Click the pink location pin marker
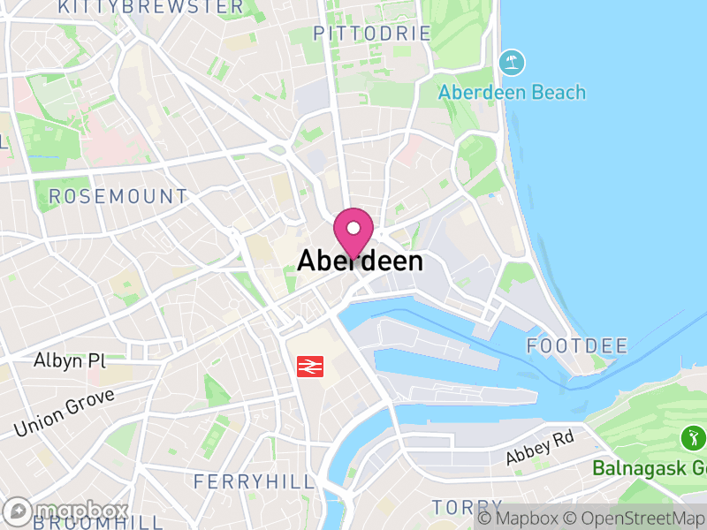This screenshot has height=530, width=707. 353,232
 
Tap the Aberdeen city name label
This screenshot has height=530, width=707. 360,261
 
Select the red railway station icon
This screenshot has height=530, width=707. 309,366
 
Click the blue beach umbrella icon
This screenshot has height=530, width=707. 511,63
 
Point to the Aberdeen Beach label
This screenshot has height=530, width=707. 512,92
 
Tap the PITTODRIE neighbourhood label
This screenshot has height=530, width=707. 372,34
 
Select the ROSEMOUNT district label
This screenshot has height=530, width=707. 118,196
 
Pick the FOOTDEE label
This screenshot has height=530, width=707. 576,345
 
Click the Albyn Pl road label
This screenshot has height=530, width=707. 69,360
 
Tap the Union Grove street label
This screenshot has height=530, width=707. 64,413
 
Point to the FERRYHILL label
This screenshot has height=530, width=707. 254,481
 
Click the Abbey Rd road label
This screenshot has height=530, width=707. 539,450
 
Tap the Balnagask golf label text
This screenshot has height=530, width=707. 650,467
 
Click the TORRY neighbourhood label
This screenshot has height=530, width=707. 454,507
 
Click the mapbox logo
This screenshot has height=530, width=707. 66,511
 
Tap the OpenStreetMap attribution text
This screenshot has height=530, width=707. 635,518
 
